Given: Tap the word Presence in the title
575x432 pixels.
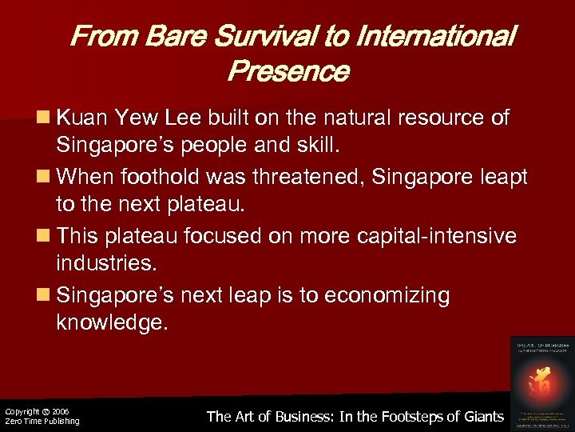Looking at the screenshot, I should coord(287,72).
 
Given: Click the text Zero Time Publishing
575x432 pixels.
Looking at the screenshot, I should coord(42,422).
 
